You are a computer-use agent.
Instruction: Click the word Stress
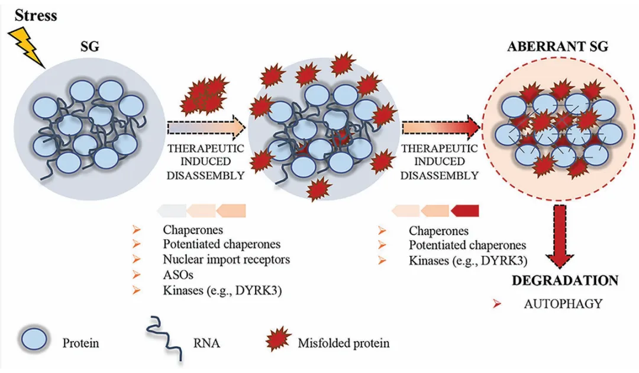point(36,15)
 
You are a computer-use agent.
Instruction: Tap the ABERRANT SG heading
point(557,47)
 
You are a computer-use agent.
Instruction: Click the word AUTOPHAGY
point(563,304)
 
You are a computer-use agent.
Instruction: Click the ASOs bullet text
point(176,275)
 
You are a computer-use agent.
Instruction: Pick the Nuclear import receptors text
point(227,259)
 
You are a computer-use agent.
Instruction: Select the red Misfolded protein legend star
point(278,342)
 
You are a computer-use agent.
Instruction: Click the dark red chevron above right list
point(465,210)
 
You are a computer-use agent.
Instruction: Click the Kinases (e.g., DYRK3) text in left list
point(221,290)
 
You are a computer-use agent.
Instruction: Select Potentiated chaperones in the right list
point(467,245)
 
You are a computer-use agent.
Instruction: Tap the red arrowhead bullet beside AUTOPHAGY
point(498,304)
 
